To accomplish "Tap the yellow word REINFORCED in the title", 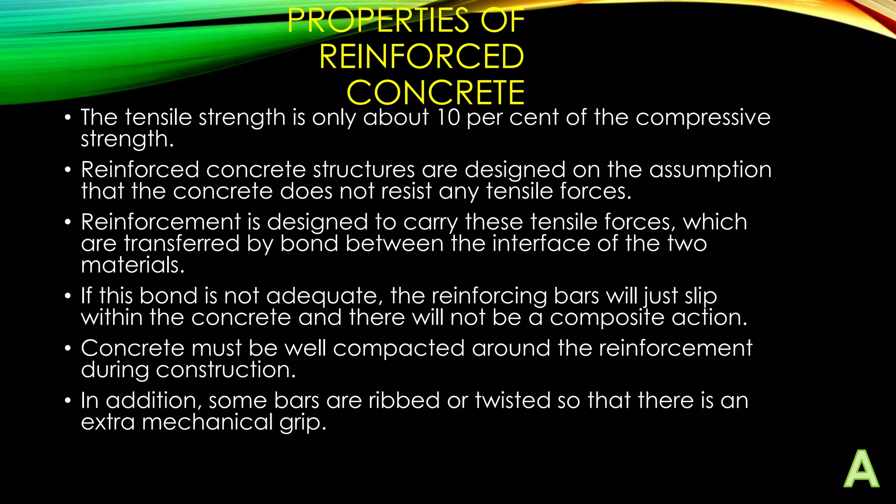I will coord(421,57).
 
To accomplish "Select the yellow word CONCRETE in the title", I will coord(435,93).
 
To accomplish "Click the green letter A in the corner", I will coord(861,469).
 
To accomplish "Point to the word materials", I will coord(133,265).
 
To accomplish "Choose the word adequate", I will coord(322,296).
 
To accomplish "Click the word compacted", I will coord(399,348).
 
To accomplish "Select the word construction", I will coord(226,370).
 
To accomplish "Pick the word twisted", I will coord(513,400).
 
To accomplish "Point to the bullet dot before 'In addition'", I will coord(67,401).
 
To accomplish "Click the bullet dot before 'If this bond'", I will coord(67,296).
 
